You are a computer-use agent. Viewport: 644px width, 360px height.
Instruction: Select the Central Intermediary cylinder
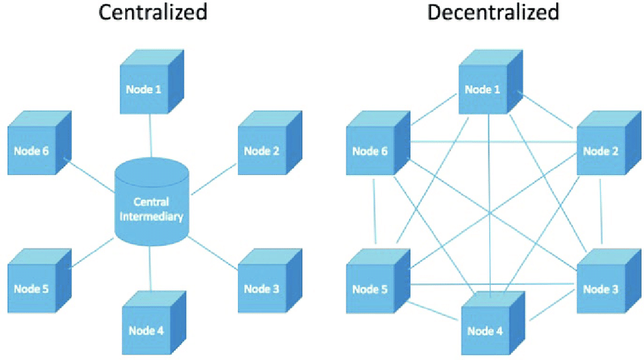coord(152,201)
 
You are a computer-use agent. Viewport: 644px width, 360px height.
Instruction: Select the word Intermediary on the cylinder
coord(152,216)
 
